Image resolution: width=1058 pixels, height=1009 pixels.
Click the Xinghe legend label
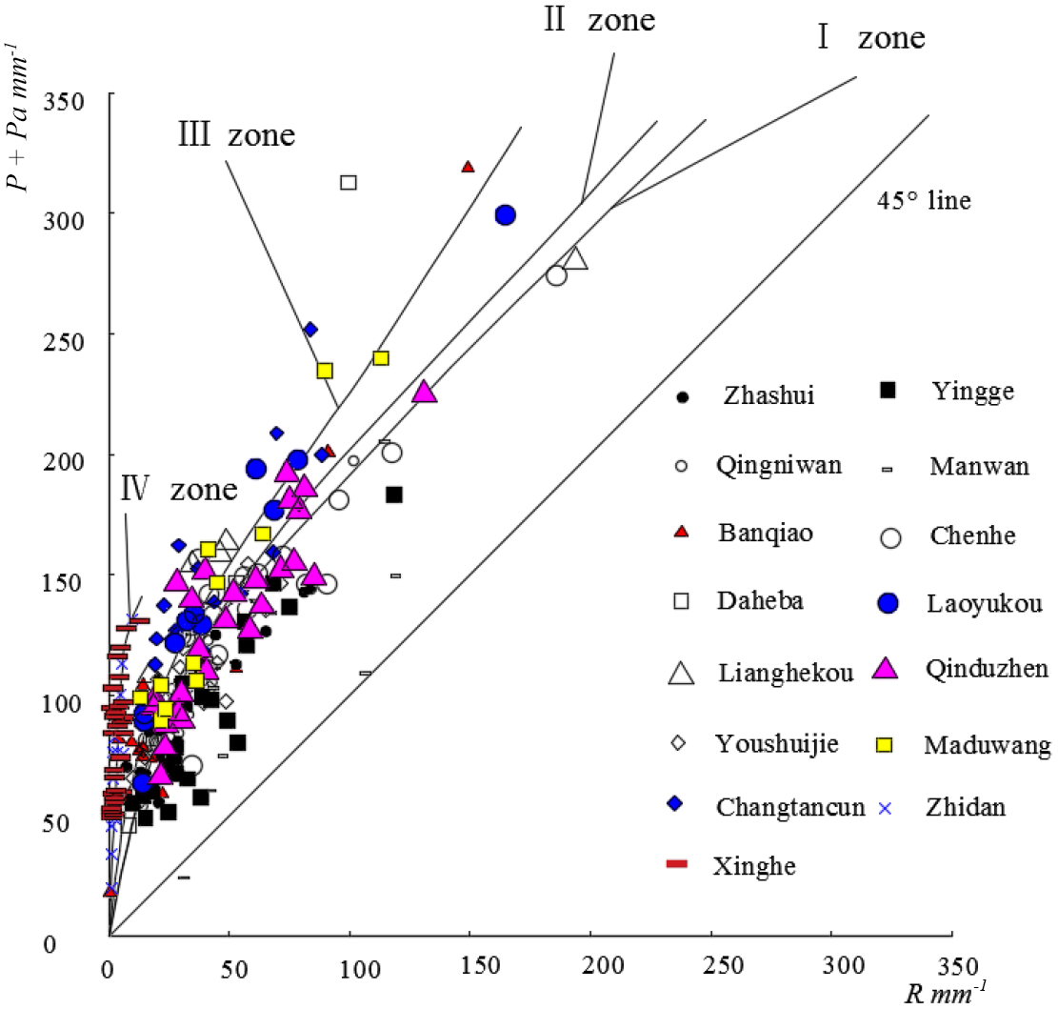pos(754,866)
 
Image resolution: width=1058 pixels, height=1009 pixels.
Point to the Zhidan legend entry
pos(964,807)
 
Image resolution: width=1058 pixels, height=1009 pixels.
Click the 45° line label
pos(925,201)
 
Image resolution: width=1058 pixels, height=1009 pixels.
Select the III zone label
pos(236,133)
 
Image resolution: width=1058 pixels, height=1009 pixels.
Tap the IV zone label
pos(178,490)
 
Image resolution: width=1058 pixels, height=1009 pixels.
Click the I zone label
pos(870,38)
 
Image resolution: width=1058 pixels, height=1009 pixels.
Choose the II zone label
pos(600,21)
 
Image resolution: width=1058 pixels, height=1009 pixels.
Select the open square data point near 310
pos(349,182)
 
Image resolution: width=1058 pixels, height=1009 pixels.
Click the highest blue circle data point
pos(506,215)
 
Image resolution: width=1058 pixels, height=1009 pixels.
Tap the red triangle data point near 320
pos(468,167)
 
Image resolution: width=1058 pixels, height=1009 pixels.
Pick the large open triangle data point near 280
pos(576,258)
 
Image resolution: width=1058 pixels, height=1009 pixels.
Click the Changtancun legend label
pos(790,807)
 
